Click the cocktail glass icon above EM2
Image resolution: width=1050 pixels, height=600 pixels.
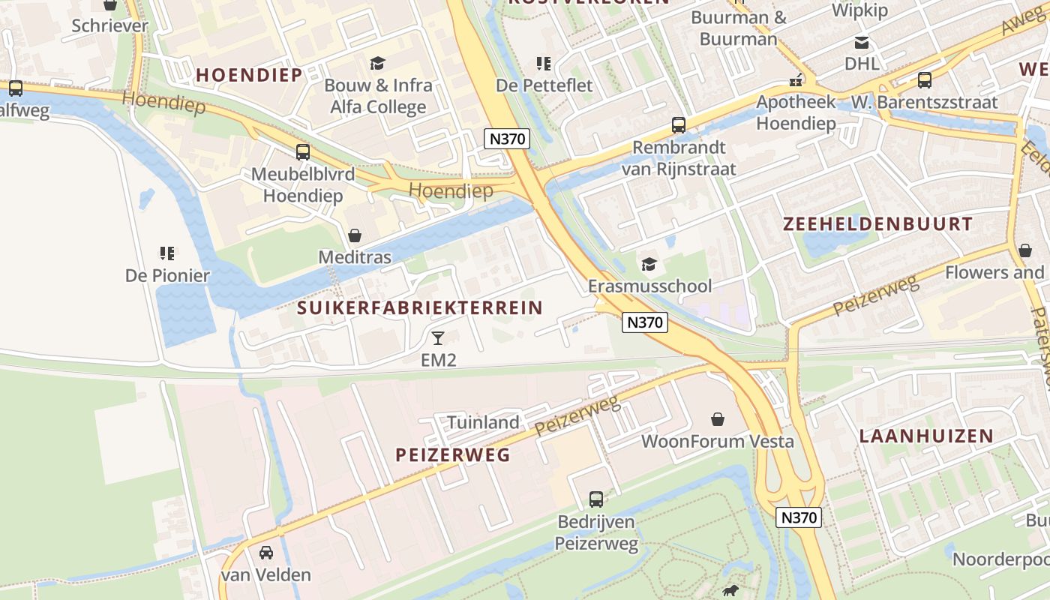tap(438, 337)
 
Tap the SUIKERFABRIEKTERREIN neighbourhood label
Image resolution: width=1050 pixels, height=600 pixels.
tap(419, 307)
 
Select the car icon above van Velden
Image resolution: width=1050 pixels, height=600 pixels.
tap(265, 553)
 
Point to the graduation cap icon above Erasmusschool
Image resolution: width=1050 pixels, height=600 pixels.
tap(649, 264)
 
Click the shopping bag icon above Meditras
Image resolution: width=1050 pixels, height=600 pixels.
tap(355, 235)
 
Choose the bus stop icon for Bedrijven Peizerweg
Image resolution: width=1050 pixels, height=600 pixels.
tap(596, 499)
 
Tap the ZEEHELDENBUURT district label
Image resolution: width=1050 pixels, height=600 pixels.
tap(877, 223)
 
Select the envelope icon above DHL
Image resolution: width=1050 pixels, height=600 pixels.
tap(862, 43)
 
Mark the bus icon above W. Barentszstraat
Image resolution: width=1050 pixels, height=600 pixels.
tap(925, 79)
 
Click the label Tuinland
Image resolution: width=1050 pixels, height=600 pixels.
tap(483, 422)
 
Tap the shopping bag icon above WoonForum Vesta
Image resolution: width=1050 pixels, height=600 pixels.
tap(718, 418)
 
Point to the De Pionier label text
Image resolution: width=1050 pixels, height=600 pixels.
tap(167, 275)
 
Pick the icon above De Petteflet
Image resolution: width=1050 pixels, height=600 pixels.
tap(544, 64)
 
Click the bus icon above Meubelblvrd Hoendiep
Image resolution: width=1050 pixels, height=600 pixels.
tap(303, 151)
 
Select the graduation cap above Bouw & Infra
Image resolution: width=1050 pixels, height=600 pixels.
tap(377, 64)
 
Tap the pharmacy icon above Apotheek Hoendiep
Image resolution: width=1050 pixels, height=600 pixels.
tap(796, 79)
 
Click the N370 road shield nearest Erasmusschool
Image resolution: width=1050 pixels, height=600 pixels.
tap(644, 322)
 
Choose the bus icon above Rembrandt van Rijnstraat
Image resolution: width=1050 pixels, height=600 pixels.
tap(679, 124)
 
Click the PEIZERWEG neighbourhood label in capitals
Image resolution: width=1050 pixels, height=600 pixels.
tap(452, 454)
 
